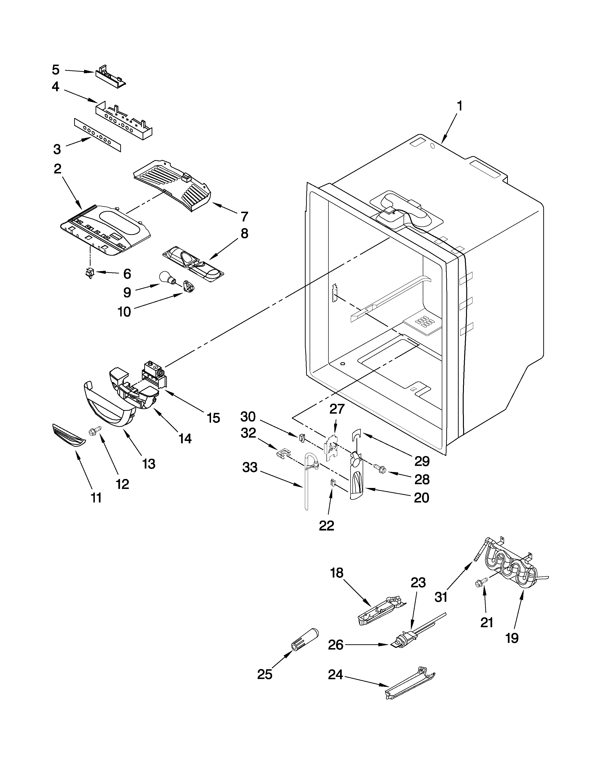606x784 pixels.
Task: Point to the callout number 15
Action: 214,418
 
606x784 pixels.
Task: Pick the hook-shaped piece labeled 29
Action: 356,435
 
